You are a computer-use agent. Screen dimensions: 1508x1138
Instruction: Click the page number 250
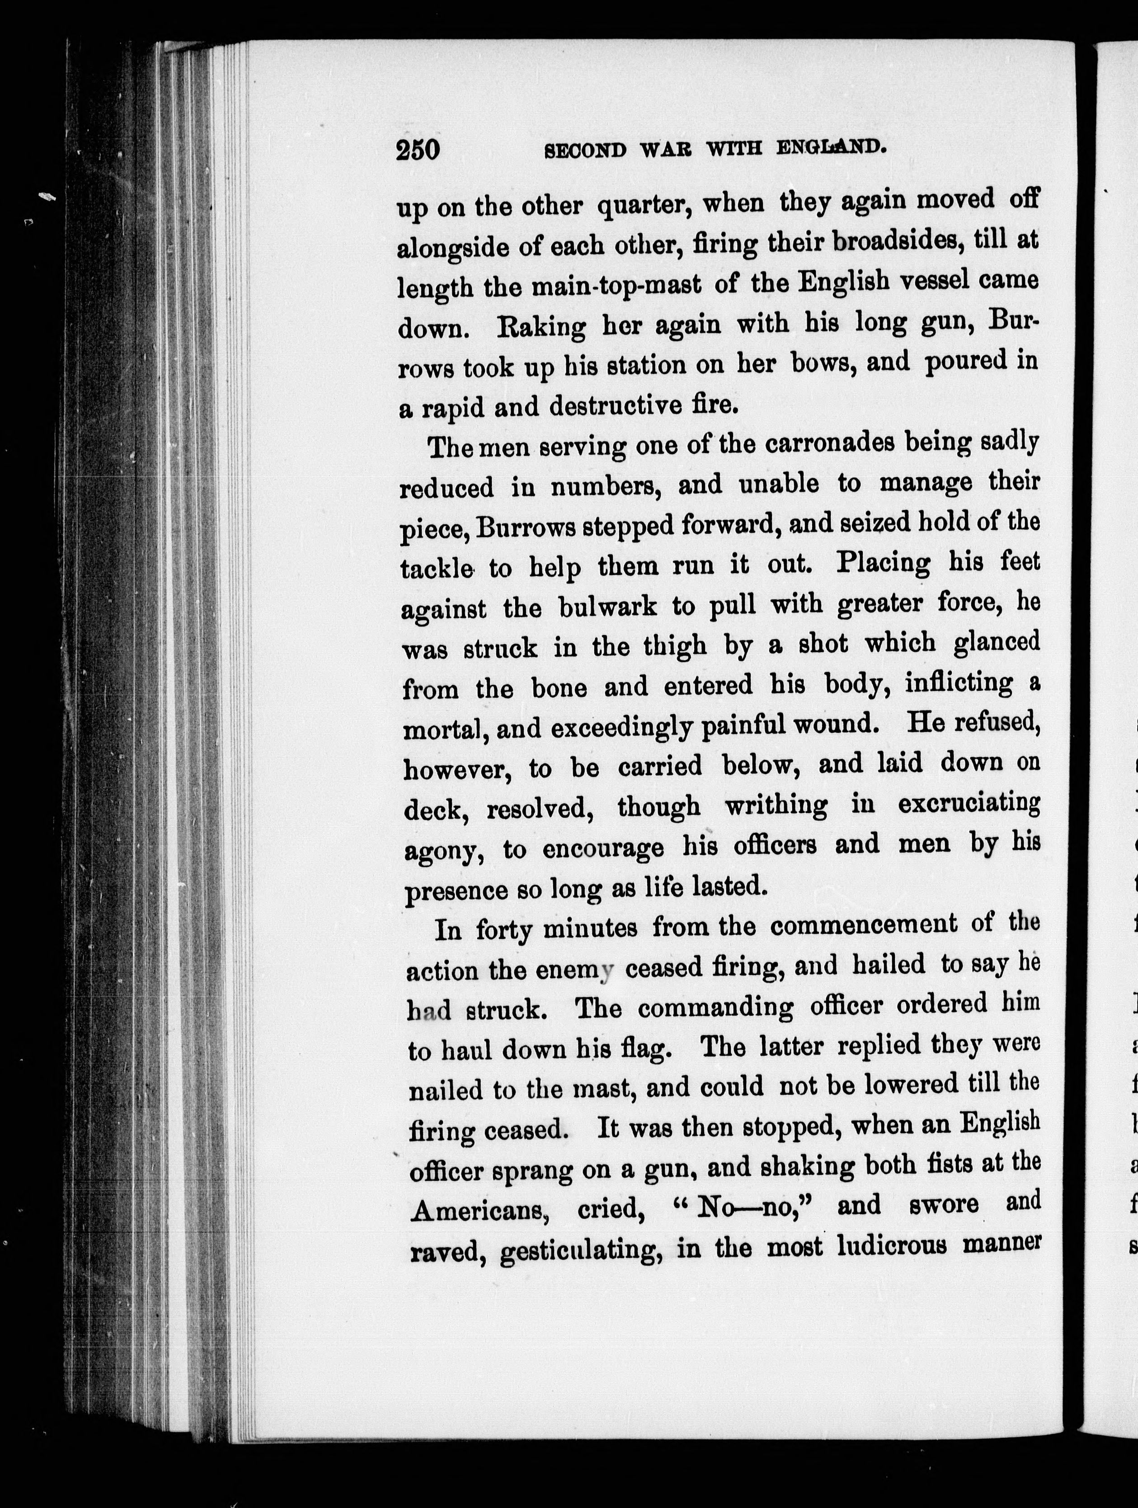pyautogui.click(x=417, y=149)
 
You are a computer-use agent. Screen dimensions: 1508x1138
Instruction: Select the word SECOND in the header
pyautogui.click(x=585, y=149)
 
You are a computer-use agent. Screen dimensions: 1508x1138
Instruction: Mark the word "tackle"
pyautogui.click(x=437, y=567)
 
